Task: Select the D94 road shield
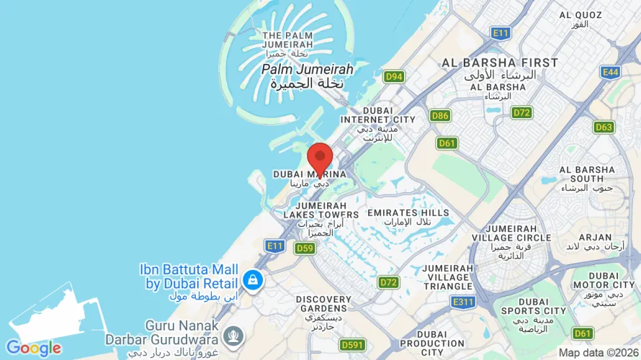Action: coord(393,76)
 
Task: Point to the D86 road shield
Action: coord(440,115)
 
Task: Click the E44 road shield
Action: coord(611,72)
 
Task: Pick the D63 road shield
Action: coord(604,127)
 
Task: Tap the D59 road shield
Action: coord(305,248)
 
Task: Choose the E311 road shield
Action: coord(464,302)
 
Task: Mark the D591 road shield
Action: coord(352,344)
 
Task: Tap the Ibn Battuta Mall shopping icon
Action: coord(253,278)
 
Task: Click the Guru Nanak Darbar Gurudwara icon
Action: coord(232,335)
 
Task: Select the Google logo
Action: coord(34,348)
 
